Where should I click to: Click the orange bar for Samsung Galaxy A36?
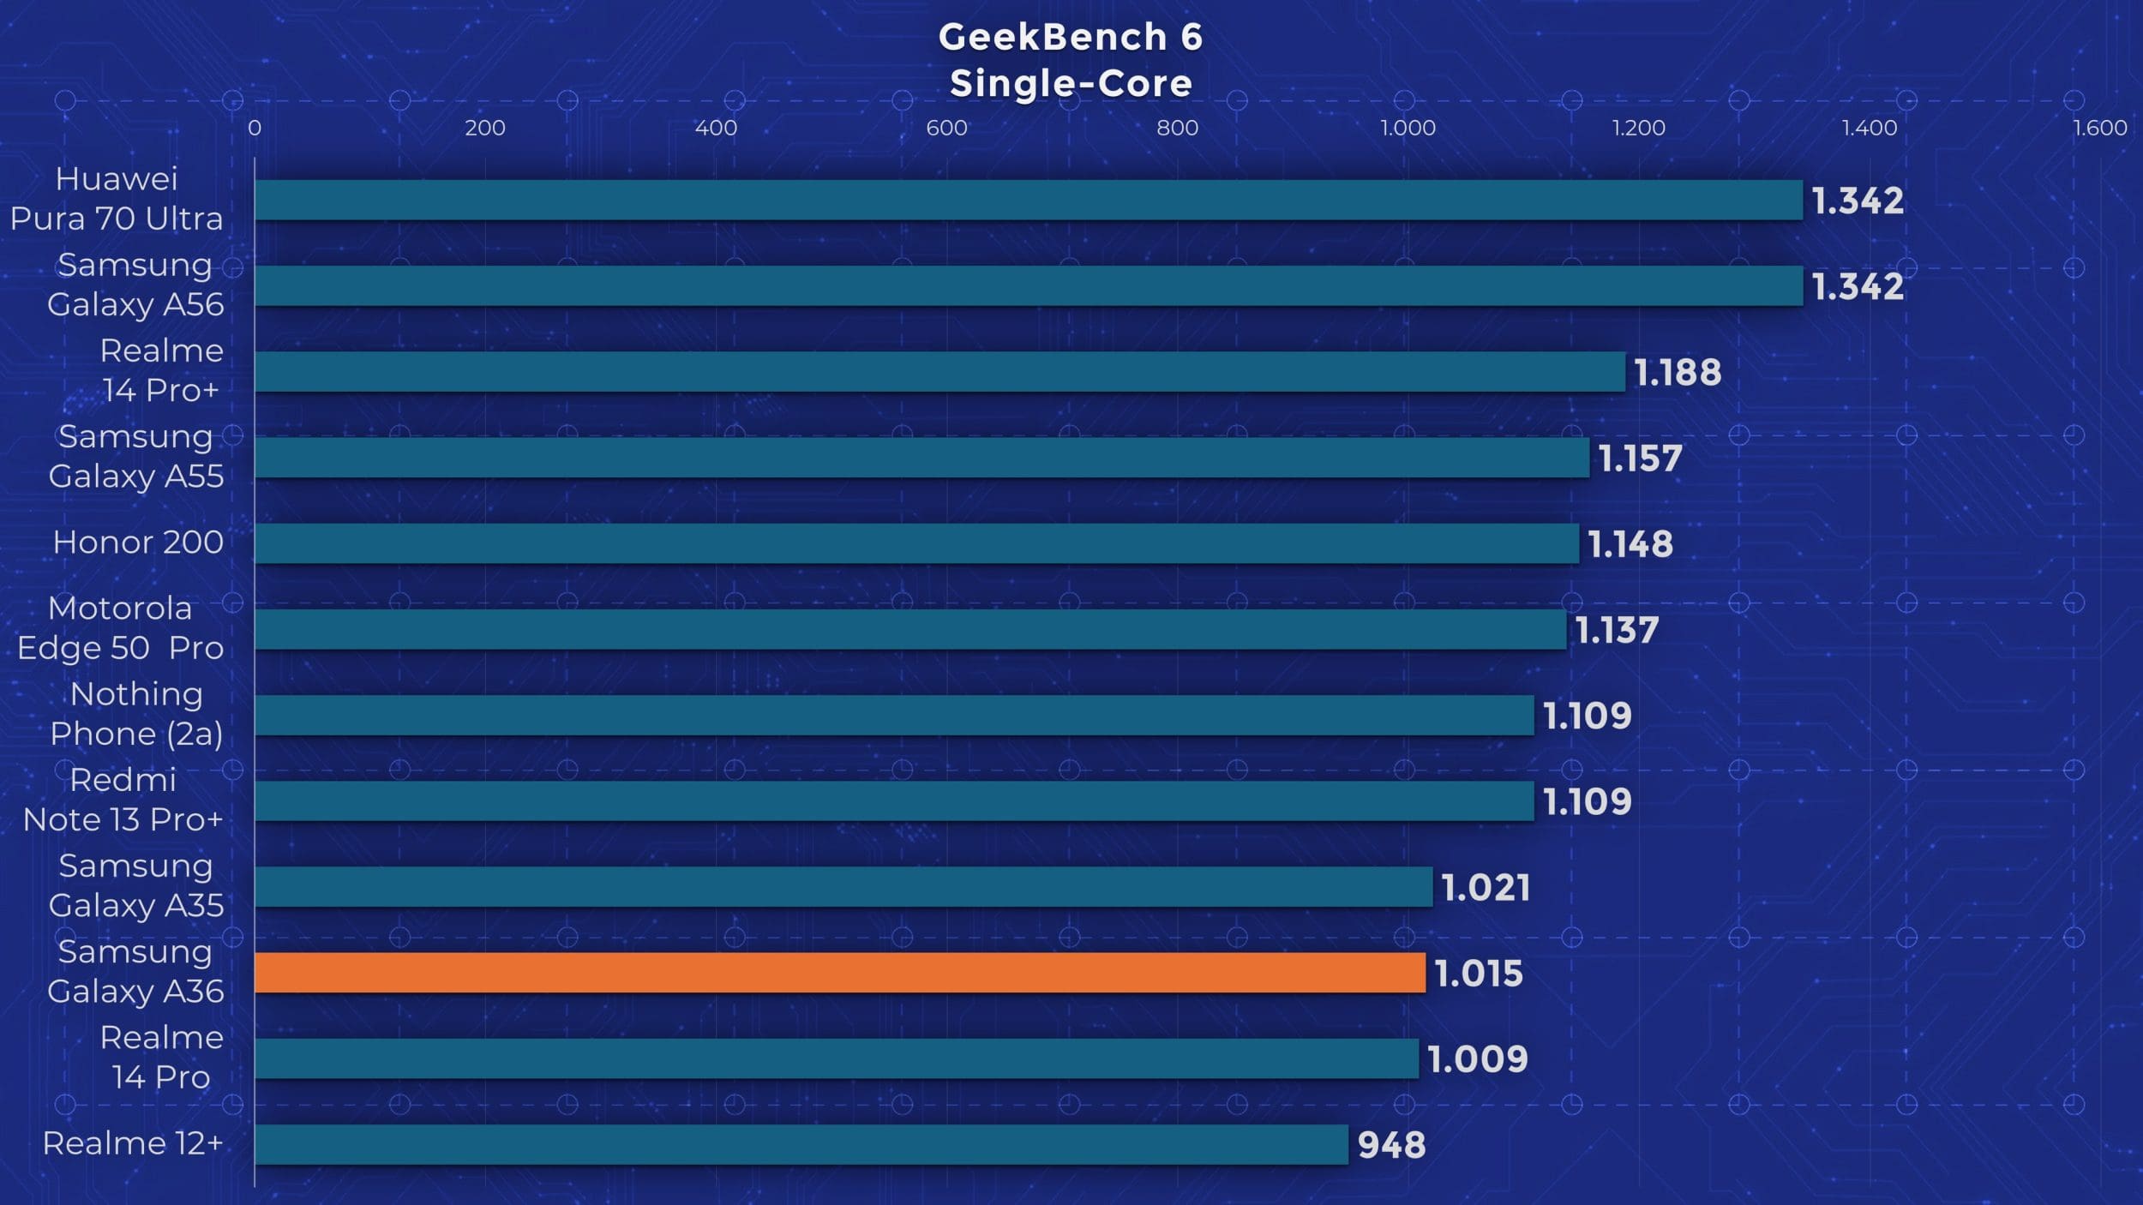[x=840, y=973]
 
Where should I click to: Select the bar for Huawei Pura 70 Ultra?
[x=1029, y=200]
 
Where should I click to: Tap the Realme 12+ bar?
[x=801, y=1144]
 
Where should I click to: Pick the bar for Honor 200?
[x=916, y=543]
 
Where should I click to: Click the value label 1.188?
[x=1678, y=372]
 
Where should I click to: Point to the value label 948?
[x=1391, y=1145]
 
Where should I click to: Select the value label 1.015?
[x=1479, y=974]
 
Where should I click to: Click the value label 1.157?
[x=1641, y=459]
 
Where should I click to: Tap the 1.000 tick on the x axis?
[x=1408, y=128]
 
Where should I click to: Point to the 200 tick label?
[x=485, y=128]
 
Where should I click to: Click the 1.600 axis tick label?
[x=2099, y=128]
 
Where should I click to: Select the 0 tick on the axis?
[x=255, y=128]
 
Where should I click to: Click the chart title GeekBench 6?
[x=1071, y=37]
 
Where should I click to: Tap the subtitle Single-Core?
[x=1071, y=84]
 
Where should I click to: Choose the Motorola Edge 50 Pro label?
[x=120, y=628]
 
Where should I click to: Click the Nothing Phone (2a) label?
[x=136, y=714]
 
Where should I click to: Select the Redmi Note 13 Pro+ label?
[x=123, y=800]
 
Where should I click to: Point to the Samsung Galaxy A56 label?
[x=135, y=285]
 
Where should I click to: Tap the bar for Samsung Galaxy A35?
[x=843, y=886]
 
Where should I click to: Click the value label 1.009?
[x=1477, y=1059]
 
